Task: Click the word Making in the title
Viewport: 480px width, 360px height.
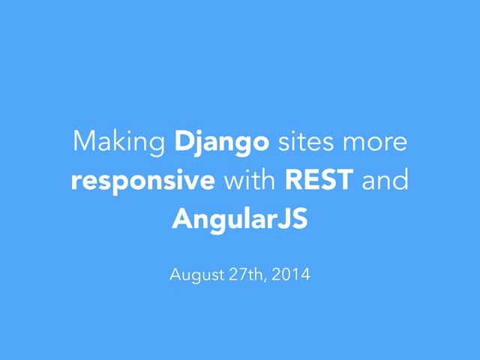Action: coord(120,141)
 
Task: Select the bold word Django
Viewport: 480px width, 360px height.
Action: coord(222,141)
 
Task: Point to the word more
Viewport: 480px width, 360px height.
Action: coord(377,141)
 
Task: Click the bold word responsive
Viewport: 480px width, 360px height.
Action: coord(143,181)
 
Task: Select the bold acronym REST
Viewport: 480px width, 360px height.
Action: coord(319,181)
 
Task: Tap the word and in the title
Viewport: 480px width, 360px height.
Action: coord(385,181)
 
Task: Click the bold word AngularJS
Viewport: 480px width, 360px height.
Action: coord(240,220)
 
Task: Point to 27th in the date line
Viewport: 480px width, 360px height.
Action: coord(246,275)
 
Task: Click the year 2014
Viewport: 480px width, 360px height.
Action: coord(291,275)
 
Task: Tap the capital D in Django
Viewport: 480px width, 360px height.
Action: coord(182,141)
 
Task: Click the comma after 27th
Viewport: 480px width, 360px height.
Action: coord(265,279)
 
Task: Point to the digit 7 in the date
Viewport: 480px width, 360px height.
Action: coord(240,275)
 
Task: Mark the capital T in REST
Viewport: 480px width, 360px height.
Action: coord(346,181)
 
